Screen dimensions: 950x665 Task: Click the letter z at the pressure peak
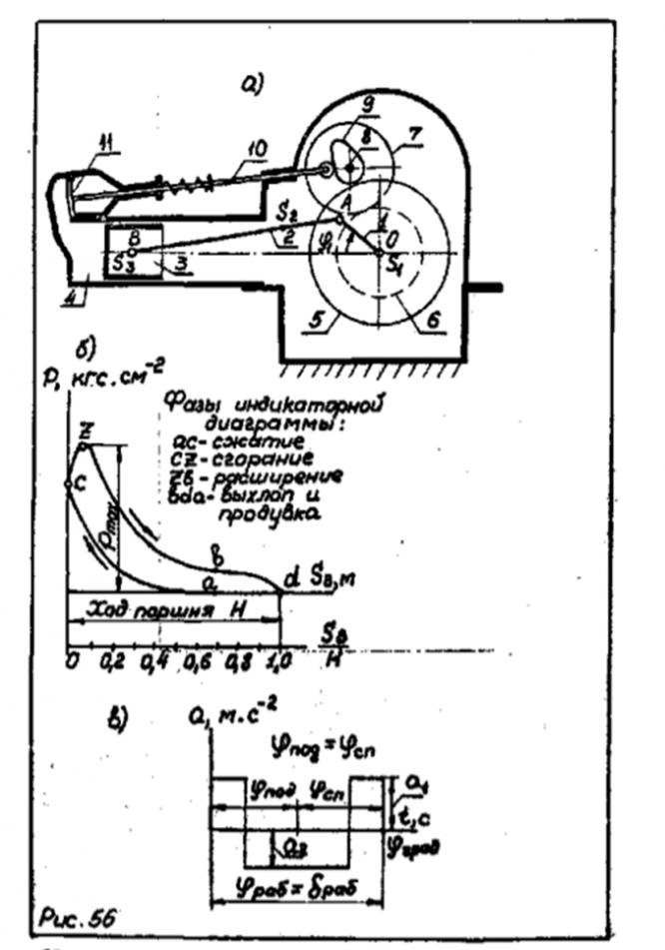[x=87, y=429]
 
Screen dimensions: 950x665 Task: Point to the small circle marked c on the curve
[x=67, y=484]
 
